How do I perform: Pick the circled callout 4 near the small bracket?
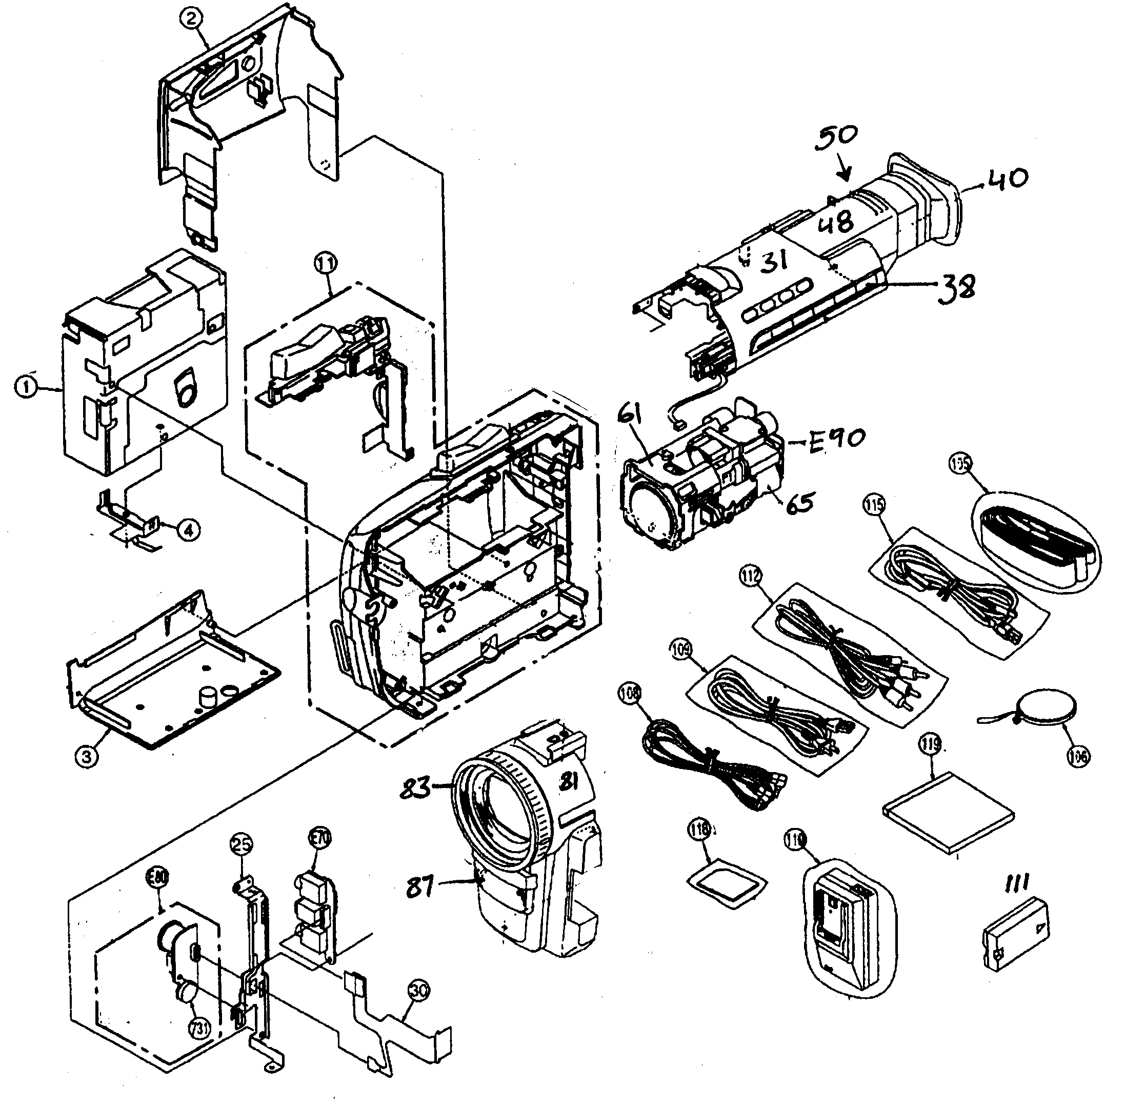pyautogui.click(x=189, y=529)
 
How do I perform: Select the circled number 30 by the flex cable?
pyautogui.click(x=419, y=990)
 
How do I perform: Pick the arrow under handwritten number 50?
pyautogui.click(x=844, y=172)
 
